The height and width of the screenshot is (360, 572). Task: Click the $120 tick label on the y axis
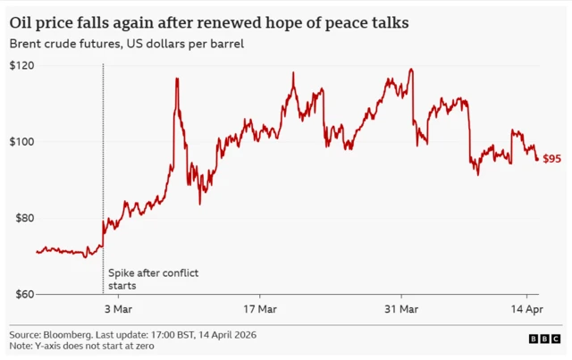click(21, 66)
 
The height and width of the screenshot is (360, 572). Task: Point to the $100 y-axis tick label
click(21, 142)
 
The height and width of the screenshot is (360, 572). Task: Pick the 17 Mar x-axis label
click(259, 309)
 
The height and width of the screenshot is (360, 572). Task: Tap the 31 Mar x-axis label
click(400, 309)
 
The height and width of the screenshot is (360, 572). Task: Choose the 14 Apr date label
click(526, 309)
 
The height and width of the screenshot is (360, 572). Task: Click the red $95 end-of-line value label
click(551, 159)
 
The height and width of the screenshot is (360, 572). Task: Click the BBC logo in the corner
click(545, 339)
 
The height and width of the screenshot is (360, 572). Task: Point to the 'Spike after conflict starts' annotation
click(140, 279)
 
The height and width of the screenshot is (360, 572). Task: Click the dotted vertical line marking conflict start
click(103, 179)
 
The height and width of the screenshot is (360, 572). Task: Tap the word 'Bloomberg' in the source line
click(71, 333)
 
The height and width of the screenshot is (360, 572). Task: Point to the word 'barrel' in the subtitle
click(226, 44)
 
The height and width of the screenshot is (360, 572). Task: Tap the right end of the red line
click(537, 160)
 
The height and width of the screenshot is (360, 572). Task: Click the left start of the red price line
click(37, 252)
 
